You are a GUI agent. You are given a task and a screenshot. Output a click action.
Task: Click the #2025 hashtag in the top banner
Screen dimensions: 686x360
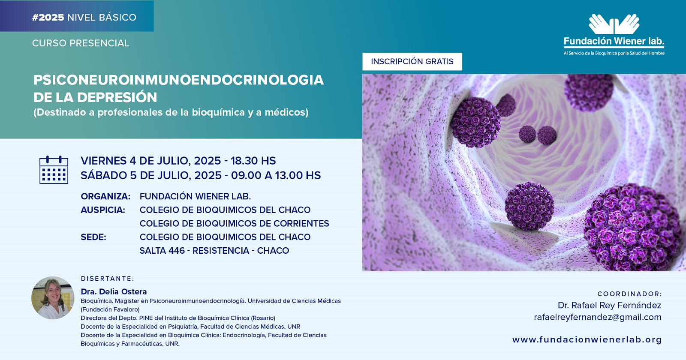pyautogui.click(x=48, y=18)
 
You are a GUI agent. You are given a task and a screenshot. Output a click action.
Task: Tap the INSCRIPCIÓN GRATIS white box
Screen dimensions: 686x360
pyautogui.click(x=412, y=62)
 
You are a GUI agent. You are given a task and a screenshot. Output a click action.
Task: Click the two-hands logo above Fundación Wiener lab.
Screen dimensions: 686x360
pyautogui.click(x=614, y=24)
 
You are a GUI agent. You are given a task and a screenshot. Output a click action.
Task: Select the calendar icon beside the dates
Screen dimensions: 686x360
pyautogui.click(x=54, y=170)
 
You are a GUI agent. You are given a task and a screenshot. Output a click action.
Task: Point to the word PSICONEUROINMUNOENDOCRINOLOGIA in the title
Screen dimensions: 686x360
pyautogui.click(x=178, y=80)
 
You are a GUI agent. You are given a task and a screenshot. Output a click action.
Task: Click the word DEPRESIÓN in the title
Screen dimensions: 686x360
pyautogui.click(x=117, y=97)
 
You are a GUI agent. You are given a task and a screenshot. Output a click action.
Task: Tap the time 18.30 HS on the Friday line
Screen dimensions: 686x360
pyautogui.click(x=253, y=161)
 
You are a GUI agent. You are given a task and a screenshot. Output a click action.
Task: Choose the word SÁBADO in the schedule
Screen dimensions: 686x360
pyautogui.click(x=103, y=175)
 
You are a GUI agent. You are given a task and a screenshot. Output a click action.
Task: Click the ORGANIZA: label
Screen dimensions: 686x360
pyautogui.click(x=105, y=196)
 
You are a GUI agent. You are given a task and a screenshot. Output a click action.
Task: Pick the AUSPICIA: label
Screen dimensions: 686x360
pyautogui.click(x=103, y=210)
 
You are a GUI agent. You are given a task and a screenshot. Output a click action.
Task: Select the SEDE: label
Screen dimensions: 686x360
pyautogui.click(x=93, y=237)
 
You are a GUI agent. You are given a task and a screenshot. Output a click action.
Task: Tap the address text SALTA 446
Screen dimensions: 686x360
pyautogui.click(x=162, y=251)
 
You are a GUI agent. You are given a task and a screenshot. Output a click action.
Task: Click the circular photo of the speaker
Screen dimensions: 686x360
pyautogui.click(x=53, y=298)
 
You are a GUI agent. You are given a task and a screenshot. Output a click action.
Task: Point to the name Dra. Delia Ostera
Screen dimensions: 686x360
pyautogui.click(x=114, y=291)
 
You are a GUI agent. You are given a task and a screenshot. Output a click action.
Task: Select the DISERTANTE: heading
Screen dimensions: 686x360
pyautogui.click(x=108, y=279)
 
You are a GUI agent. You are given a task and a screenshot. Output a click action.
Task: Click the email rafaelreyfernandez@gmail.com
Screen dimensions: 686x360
pyautogui.click(x=598, y=317)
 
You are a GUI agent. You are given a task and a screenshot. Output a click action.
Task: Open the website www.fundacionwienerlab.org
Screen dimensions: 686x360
pyautogui.click(x=587, y=340)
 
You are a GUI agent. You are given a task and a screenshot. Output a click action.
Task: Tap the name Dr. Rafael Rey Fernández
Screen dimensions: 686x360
pyautogui.click(x=609, y=305)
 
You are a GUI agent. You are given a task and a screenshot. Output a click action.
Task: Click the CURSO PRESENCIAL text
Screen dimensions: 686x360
pyautogui.click(x=81, y=43)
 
